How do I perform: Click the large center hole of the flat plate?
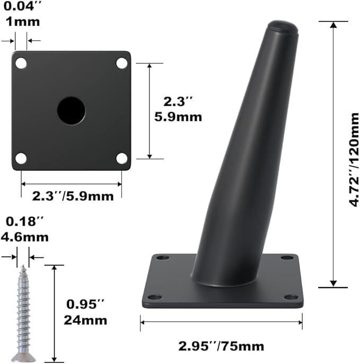pyautogui.click(x=71, y=111)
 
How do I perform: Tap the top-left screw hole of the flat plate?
pyautogui.click(x=21, y=63)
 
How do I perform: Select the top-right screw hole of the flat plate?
pyautogui.click(x=122, y=63)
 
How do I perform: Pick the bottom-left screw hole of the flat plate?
pyautogui.click(x=21, y=159)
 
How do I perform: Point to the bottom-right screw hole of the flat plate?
pyautogui.click(x=122, y=159)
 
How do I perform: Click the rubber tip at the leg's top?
pyautogui.click(x=283, y=26)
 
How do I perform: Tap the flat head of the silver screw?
pyautogui.click(x=23, y=358)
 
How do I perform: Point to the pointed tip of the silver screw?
pyautogui.click(x=23, y=266)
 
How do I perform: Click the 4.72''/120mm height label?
pyautogui.click(x=354, y=160)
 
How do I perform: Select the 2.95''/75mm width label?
pyautogui.click(x=221, y=346)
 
